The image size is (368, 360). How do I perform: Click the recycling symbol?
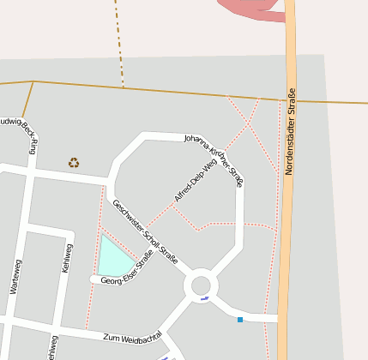point(74,162)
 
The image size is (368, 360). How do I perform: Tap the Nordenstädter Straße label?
point(289,131)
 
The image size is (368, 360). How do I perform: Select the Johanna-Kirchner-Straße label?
point(214,159)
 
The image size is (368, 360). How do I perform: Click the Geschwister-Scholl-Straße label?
point(145,231)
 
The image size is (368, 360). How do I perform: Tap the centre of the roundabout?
point(202,285)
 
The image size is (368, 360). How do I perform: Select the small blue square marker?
point(240,320)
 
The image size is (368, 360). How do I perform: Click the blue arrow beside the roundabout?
point(204,299)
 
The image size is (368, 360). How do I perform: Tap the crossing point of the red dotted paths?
point(248,125)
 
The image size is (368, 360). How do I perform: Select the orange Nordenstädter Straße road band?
point(290,214)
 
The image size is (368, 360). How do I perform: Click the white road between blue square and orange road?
point(262,318)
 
